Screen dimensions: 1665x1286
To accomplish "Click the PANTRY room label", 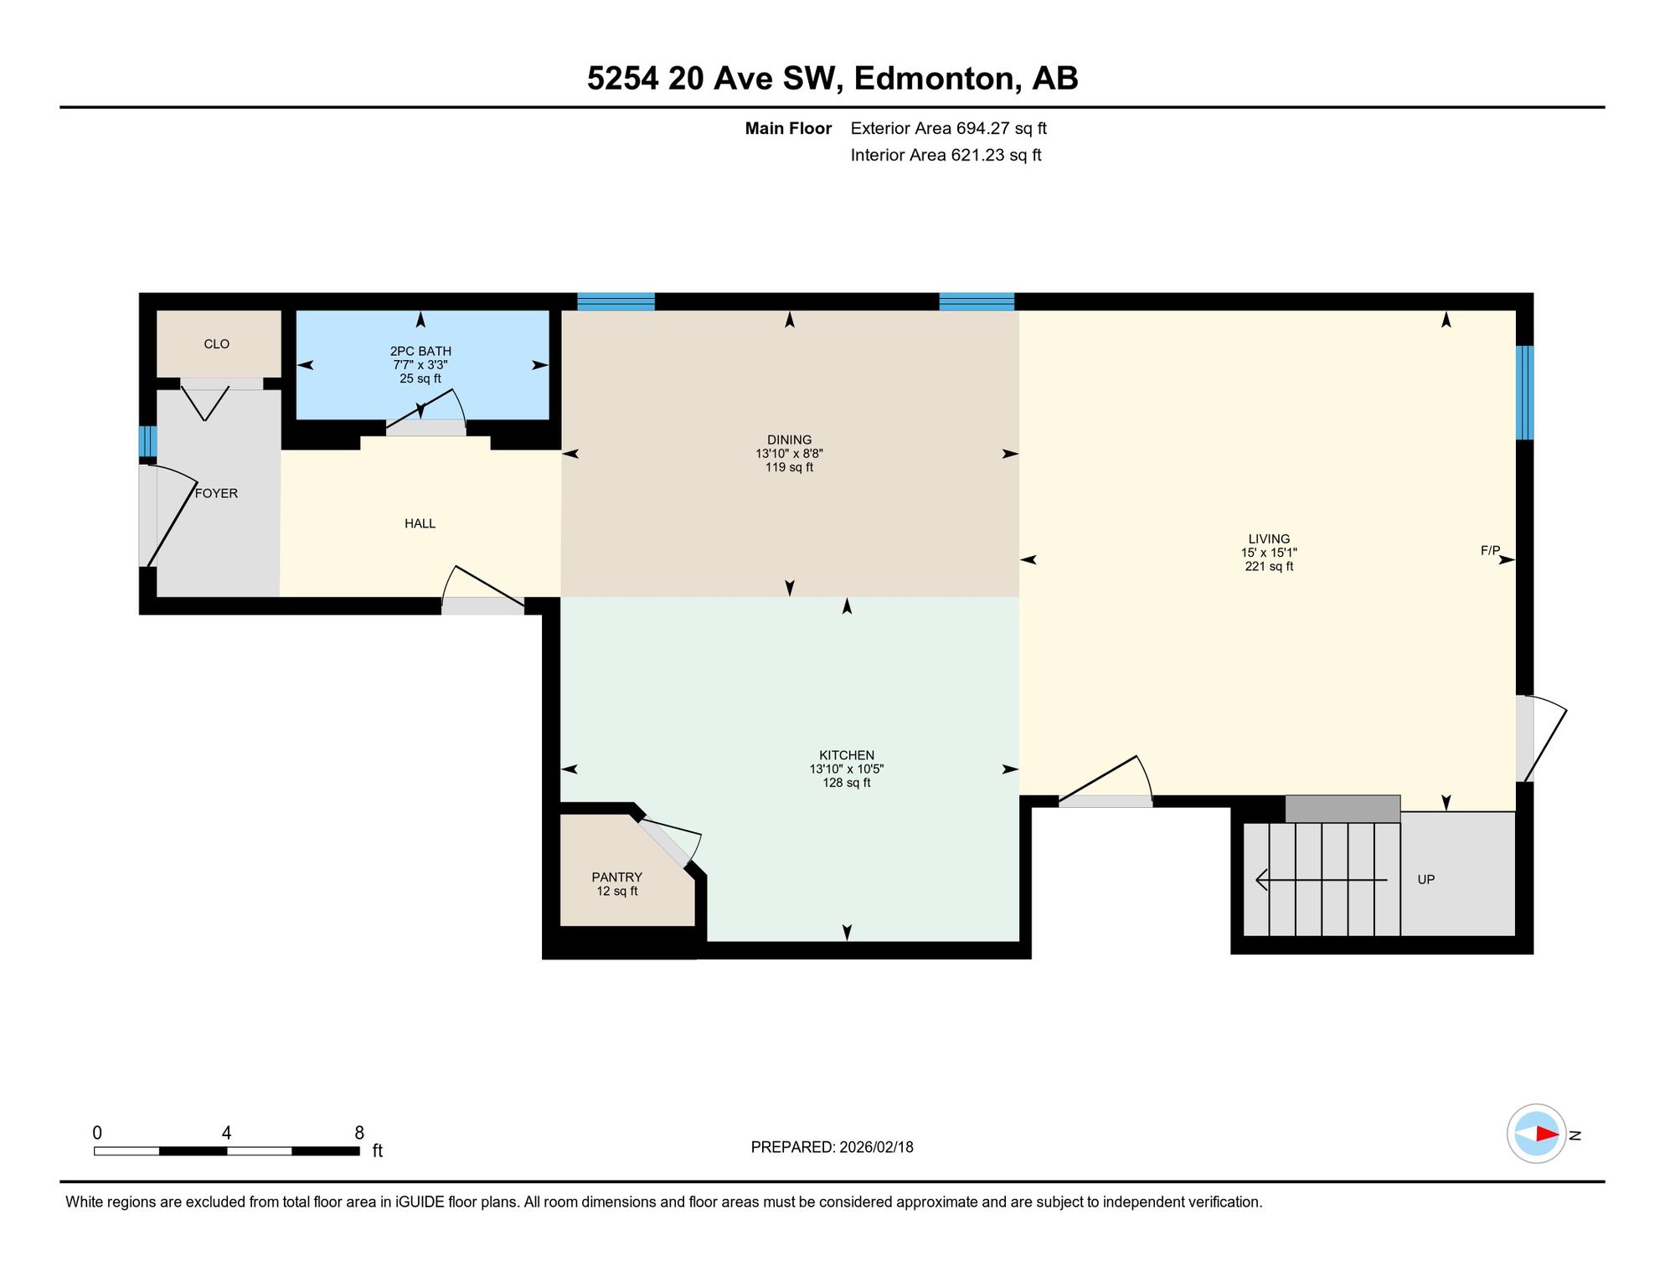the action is (x=616, y=877).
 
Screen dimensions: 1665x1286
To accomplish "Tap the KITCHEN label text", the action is (x=846, y=755).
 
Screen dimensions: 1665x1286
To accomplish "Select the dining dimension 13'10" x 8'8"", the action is (x=789, y=454).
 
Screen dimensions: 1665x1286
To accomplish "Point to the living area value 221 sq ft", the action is (x=1269, y=566).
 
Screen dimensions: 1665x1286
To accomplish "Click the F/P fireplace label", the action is (x=1490, y=550).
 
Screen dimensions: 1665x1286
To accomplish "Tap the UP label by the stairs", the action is (x=1425, y=879).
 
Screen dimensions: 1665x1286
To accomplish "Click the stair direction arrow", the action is (x=1322, y=880).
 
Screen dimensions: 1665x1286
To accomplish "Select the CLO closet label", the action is (x=216, y=344).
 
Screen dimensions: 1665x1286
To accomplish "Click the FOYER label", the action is (x=216, y=493).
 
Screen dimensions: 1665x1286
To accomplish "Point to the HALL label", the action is (x=420, y=523).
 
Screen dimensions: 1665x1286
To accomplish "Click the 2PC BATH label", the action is (x=420, y=351).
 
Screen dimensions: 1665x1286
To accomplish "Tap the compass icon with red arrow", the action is (x=1536, y=1134).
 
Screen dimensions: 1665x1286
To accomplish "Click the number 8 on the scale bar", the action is (x=359, y=1133).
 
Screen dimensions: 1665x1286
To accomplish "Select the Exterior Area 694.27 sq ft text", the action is (x=948, y=128).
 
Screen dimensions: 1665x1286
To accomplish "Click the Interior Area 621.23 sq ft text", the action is (x=946, y=155).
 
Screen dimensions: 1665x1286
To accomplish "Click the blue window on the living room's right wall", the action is (x=1524, y=393).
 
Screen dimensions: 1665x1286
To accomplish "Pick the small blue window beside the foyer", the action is (x=147, y=441).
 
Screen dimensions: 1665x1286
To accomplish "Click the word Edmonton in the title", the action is (x=937, y=78).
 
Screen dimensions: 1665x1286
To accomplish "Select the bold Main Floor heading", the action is (x=788, y=128).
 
